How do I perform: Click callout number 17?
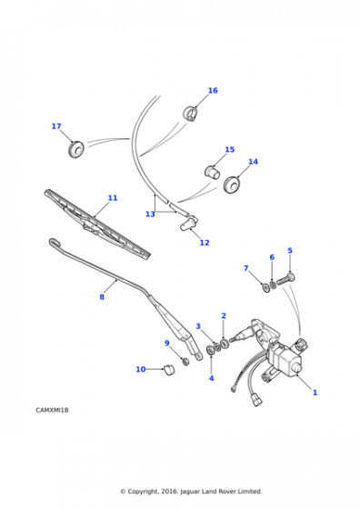[56, 126]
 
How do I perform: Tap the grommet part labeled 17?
[76, 149]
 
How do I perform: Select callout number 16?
[213, 90]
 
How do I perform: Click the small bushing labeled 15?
[213, 172]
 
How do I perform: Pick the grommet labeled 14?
[232, 185]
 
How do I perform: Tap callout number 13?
[150, 214]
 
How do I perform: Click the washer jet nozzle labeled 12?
[188, 224]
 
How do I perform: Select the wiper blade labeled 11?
[97, 225]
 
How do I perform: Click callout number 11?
[113, 198]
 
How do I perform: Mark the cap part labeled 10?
[168, 370]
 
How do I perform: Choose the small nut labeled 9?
[185, 361]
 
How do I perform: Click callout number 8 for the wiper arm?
[102, 296]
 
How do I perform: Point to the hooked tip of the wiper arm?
[53, 241]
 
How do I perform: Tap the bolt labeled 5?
[285, 279]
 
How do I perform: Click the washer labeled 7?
[265, 287]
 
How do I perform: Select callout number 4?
[211, 378]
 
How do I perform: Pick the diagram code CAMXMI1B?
[52, 410]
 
